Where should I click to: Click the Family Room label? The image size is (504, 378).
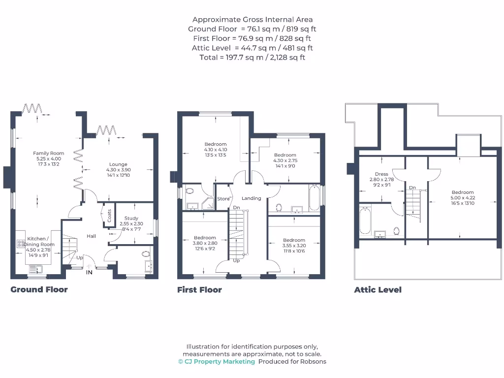(x=49, y=153)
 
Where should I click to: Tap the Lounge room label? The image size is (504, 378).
(x=118, y=164)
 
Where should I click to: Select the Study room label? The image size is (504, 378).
(x=131, y=218)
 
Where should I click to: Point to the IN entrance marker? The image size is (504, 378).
(x=89, y=272)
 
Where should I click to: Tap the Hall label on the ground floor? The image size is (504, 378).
(x=92, y=236)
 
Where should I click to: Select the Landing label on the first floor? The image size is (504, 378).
(x=252, y=198)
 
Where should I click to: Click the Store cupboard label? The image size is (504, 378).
(x=223, y=199)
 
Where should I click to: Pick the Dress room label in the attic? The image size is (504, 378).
(x=381, y=174)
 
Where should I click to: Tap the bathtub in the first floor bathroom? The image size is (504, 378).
(x=314, y=198)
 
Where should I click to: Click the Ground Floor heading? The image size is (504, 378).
(x=39, y=289)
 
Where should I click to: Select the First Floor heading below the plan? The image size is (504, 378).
(x=199, y=290)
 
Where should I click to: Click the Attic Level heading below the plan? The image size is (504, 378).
(x=378, y=290)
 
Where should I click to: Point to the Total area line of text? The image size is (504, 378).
(x=252, y=57)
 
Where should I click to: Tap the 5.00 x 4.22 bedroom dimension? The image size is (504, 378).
(x=463, y=197)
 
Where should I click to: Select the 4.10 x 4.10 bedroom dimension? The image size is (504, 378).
(x=216, y=150)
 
